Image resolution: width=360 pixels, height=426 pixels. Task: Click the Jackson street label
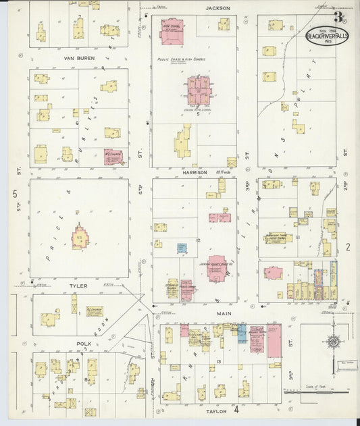219,8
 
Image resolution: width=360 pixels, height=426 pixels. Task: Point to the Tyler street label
78,286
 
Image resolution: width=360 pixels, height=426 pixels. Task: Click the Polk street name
84,344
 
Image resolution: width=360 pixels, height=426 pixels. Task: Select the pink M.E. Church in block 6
113,157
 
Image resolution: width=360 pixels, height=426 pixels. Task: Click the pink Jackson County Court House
215,268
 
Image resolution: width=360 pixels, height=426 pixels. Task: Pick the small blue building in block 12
182,248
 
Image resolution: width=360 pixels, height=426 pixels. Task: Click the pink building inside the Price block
80,238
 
